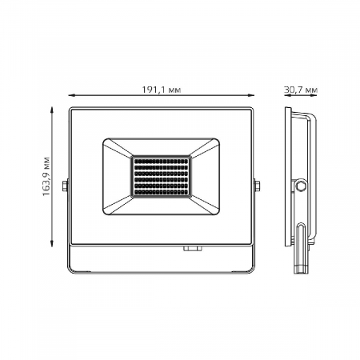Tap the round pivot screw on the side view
click(x=302, y=186)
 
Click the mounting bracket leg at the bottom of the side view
click(x=302, y=244)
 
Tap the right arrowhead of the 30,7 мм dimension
click(x=313, y=94)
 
